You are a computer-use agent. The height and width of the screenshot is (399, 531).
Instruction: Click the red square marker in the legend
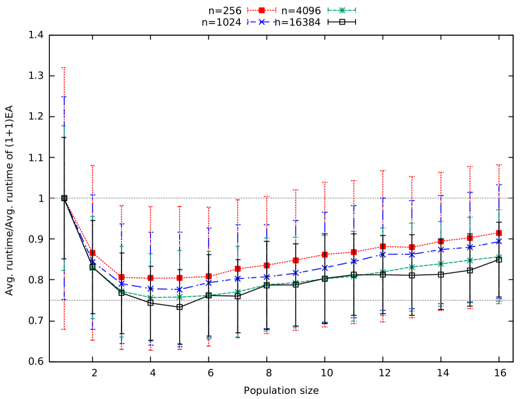click(x=261, y=10)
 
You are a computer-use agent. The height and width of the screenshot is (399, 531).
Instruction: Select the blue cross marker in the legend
click(x=261, y=22)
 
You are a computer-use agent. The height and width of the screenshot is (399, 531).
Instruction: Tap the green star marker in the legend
click(x=342, y=10)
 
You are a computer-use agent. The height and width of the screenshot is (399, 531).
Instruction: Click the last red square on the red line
click(x=499, y=233)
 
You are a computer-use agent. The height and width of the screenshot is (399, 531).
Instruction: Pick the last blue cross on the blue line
click(x=499, y=241)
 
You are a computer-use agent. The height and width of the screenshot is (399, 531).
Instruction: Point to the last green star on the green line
click(x=499, y=257)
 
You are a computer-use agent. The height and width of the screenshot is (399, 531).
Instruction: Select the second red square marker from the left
click(x=93, y=253)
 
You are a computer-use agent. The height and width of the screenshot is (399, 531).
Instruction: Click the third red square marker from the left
click(x=122, y=277)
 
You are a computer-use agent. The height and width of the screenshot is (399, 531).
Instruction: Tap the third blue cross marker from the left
click(x=122, y=284)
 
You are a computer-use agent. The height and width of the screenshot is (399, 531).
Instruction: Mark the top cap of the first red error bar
click(x=64, y=67)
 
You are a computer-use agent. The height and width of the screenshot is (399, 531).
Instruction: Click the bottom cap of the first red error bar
click(x=64, y=329)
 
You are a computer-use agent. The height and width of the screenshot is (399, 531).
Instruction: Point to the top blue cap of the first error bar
click(x=64, y=97)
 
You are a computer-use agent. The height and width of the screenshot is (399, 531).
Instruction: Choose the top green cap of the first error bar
click(x=64, y=126)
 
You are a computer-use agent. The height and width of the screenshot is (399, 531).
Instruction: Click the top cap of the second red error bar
click(x=93, y=165)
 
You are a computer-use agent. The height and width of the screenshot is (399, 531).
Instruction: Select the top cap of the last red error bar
click(x=499, y=165)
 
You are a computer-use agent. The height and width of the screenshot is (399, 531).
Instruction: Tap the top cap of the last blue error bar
click(x=499, y=184)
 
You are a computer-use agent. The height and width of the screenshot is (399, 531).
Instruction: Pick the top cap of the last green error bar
click(x=499, y=209)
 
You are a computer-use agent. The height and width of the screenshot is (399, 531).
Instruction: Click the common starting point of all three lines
click(x=64, y=198)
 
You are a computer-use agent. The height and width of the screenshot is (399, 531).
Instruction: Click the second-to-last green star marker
click(x=470, y=260)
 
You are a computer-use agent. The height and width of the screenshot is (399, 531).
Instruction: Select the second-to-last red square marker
click(x=470, y=238)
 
